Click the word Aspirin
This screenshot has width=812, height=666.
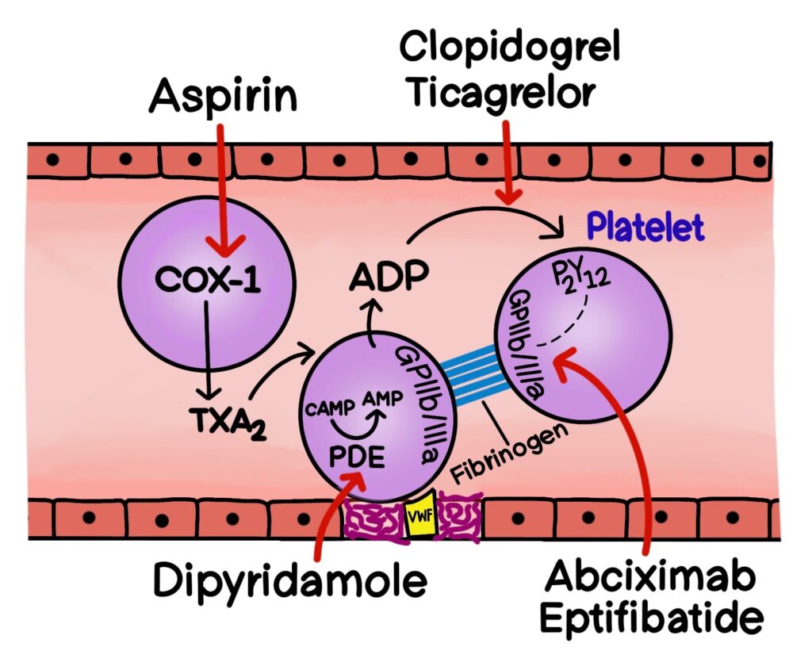(x=224, y=98)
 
